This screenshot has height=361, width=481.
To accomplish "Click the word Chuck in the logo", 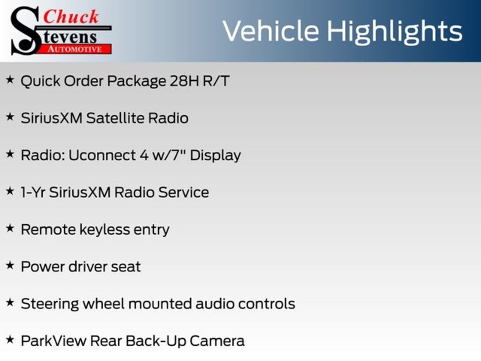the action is coord(71,17).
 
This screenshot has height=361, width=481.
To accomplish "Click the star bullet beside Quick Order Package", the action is coord(10,79).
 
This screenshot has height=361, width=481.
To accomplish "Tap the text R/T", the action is coord(216,81).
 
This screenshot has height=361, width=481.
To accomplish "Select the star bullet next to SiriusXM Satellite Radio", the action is coord(10,117).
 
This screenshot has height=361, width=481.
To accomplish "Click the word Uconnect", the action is coord(102,155).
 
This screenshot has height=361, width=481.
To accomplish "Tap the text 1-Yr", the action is coord(33,192).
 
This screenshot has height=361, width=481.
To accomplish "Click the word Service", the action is coord(184,192).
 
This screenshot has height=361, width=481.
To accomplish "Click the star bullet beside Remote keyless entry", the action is coord(10,228).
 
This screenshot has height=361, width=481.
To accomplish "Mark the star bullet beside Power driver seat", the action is coord(10,265).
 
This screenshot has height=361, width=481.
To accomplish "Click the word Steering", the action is coord(50,305).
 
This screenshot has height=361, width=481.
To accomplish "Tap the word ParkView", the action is coord(54,341).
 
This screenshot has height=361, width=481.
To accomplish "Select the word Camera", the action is coord(217,341).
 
